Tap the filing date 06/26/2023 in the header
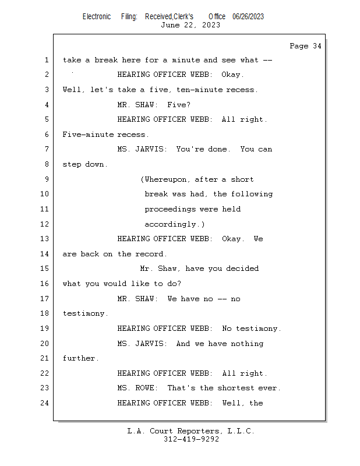(248, 17)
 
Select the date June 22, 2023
(190, 25)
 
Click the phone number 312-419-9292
(191, 439)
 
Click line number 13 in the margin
(45, 239)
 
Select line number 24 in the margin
(45, 403)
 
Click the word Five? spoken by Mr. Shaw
(179, 105)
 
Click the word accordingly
(172, 224)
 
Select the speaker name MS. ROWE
(136, 388)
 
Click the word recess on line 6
(133, 135)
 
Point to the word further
(81, 358)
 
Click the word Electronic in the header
(97, 17)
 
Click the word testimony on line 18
(86, 313)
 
